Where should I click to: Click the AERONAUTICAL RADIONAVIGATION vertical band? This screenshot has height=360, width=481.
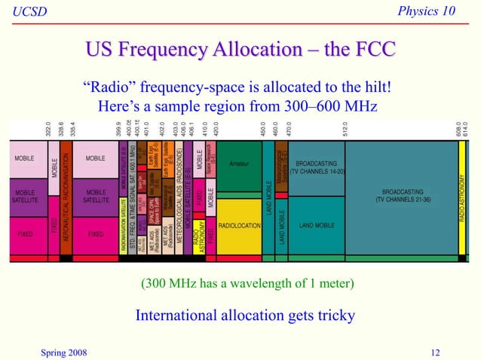[66, 197]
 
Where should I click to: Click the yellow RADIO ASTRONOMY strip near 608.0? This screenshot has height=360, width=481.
[461, 197]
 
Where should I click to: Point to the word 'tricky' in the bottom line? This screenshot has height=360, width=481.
[333, 315]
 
